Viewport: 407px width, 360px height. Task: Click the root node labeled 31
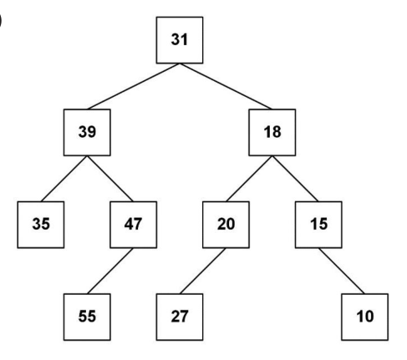pyautogui.click(x=180, y=40)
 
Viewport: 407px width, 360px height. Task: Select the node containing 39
pyautogui.click(x=87, y=132)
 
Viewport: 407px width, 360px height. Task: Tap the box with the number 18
pyautogui.click(x=272, y=132)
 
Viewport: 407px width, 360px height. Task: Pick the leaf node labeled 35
pyautogui.click(x=41, y=225)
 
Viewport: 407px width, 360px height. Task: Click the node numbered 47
pyautogui.click(x=134, y=225)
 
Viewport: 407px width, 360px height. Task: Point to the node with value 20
pyautogui.click(x=226, y=225)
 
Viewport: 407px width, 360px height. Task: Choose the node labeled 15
pyautogui.click(x=318, y=225)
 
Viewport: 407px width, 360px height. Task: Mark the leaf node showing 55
pyautogui.click(x=87, y=317)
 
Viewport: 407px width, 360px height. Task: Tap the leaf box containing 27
pyautogui.click(x=180, y=317)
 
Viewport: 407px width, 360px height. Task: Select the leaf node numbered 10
pyautogui.click(x=364, y=317)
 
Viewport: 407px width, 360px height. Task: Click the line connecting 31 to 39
pyautogui.click(x=133, y=86)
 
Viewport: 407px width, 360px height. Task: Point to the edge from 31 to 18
pyautogui.click(x=226, y=86)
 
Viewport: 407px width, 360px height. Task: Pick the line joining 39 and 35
pyautogui.click(x=64, y=179)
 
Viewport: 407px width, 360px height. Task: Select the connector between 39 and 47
pyautogui.click(x=110, y=179)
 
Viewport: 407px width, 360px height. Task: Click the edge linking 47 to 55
pyautogui.click(x=110, y=271)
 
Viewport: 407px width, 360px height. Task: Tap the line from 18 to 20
pyautogui.click(x=249, y=179)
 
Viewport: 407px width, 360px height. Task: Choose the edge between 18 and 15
pyautogui.click(x=295, y=179)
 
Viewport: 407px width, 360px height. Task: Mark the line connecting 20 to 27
pyautogui.click(x=202, y=271)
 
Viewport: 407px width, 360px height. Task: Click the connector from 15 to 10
pyautogui.click(x=342, y=271)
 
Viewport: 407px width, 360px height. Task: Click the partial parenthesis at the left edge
pyautogui.click(x=1, y=21)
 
